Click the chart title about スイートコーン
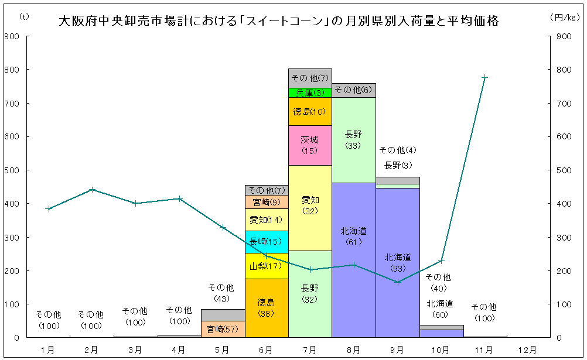pos(279,21)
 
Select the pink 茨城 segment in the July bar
pos(310,145)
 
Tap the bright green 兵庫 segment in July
pos(310,92)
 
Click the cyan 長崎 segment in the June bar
pos(267,242)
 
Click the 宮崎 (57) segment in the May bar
pos(223,329)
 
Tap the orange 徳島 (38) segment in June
pos(267,308)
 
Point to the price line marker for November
pos(485,77)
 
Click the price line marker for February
pos(92,190)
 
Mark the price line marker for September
pos(398,282)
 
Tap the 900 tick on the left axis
pos(12,36)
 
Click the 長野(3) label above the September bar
pos(398,165)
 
